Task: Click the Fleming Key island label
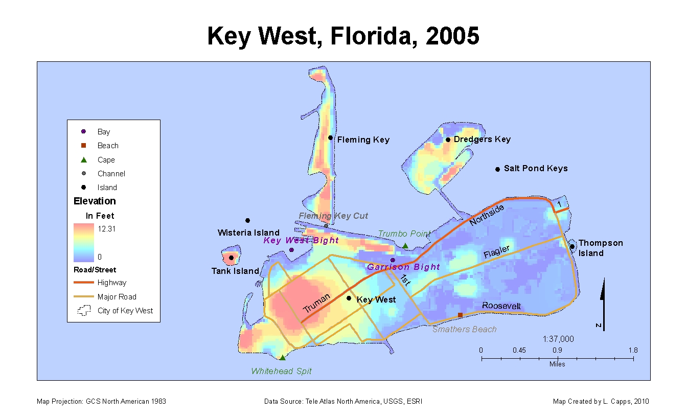pyautogui.click(x=363, y=140)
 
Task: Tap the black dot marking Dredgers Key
pyautogui.click(x=448, y=140)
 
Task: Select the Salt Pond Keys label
pyautogui.click(x=536, y=168)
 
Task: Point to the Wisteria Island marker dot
pyautogui.click(x=247, y=220)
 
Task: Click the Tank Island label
pyautogui.click(x=235, y=271)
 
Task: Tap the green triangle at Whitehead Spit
pyautogui.click(x=282, y=358)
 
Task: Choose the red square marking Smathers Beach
pyautogui.click(x=460, y=315)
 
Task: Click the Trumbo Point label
pyautogui.click(x=404, y=234)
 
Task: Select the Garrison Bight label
pyautogui.click(x=403, y=267)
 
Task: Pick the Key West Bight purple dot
pyautogui.click(x=291, y=250)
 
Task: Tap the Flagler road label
pyautogui.click(x=496, y=252)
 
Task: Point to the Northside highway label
pyautogui.click(x=487, y=215)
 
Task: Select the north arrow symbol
pyautogui.click(x=603, y=304)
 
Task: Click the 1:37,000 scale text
pyautogui.click(x=558, y=339)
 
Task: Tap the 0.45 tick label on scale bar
pyautogui.click(x=519, y=350)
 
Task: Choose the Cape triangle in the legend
pyautogui.click(x=83, y=159)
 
